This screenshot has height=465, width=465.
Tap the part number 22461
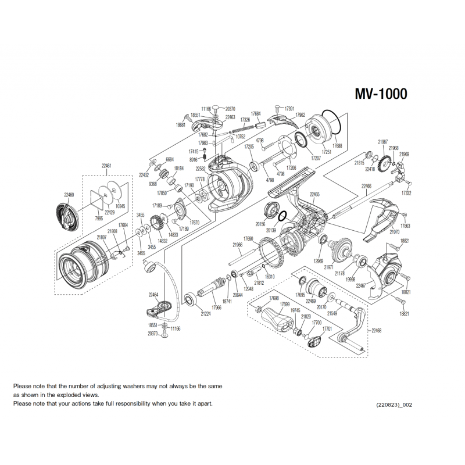click(x=106, y=166)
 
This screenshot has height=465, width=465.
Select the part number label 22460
click(x=69, y=195)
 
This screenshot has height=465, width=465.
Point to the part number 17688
click(x=337, y=146)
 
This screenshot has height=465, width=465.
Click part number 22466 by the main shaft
click(x=366, y=187)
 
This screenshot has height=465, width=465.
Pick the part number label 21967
click(x=382, y=142)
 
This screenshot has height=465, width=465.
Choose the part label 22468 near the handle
click(x=376, y=330)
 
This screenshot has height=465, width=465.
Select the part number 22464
click(x=154, y=295)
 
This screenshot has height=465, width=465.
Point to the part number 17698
click(x=275, y=298)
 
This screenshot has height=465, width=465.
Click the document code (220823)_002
click(x=394, y=404)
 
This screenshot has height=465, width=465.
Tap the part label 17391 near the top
click(x=289, y=109)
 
